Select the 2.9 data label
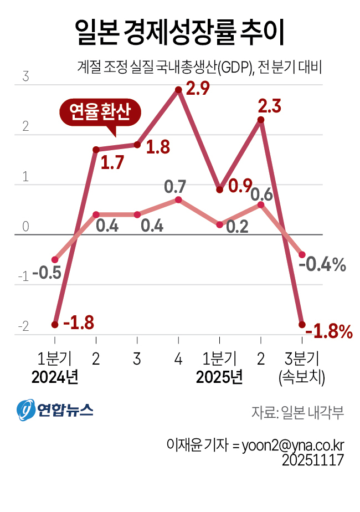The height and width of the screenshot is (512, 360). tap(198, 89)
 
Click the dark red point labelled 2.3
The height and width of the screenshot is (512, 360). tap(261, 120)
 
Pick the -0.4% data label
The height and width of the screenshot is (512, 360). tap(322, 265)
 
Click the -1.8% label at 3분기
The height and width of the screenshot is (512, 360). tap(329, 331)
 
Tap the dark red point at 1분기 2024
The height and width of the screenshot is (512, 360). tap(55, 324)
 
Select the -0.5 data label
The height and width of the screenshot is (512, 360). tap(47, 273)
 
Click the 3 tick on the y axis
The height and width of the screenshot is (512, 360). tap(25, 77)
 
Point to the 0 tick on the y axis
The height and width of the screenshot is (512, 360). tap(25, 227)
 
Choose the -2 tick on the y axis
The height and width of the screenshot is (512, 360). tap(23, 327)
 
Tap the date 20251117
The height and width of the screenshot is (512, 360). tap(313, 460)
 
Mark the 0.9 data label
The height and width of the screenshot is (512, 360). tap(240, 186)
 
